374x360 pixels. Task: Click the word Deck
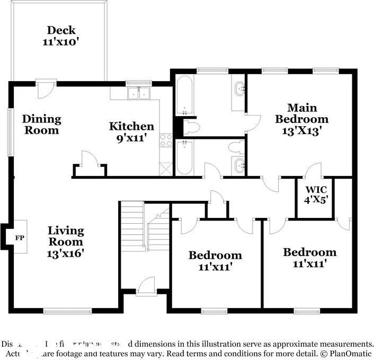61,30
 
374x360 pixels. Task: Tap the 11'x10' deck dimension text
61,41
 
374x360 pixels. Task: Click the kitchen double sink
138,94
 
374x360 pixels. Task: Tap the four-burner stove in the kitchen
166,140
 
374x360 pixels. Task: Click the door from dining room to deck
46,87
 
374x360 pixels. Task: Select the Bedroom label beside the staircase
215,256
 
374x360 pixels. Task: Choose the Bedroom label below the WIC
309,252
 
